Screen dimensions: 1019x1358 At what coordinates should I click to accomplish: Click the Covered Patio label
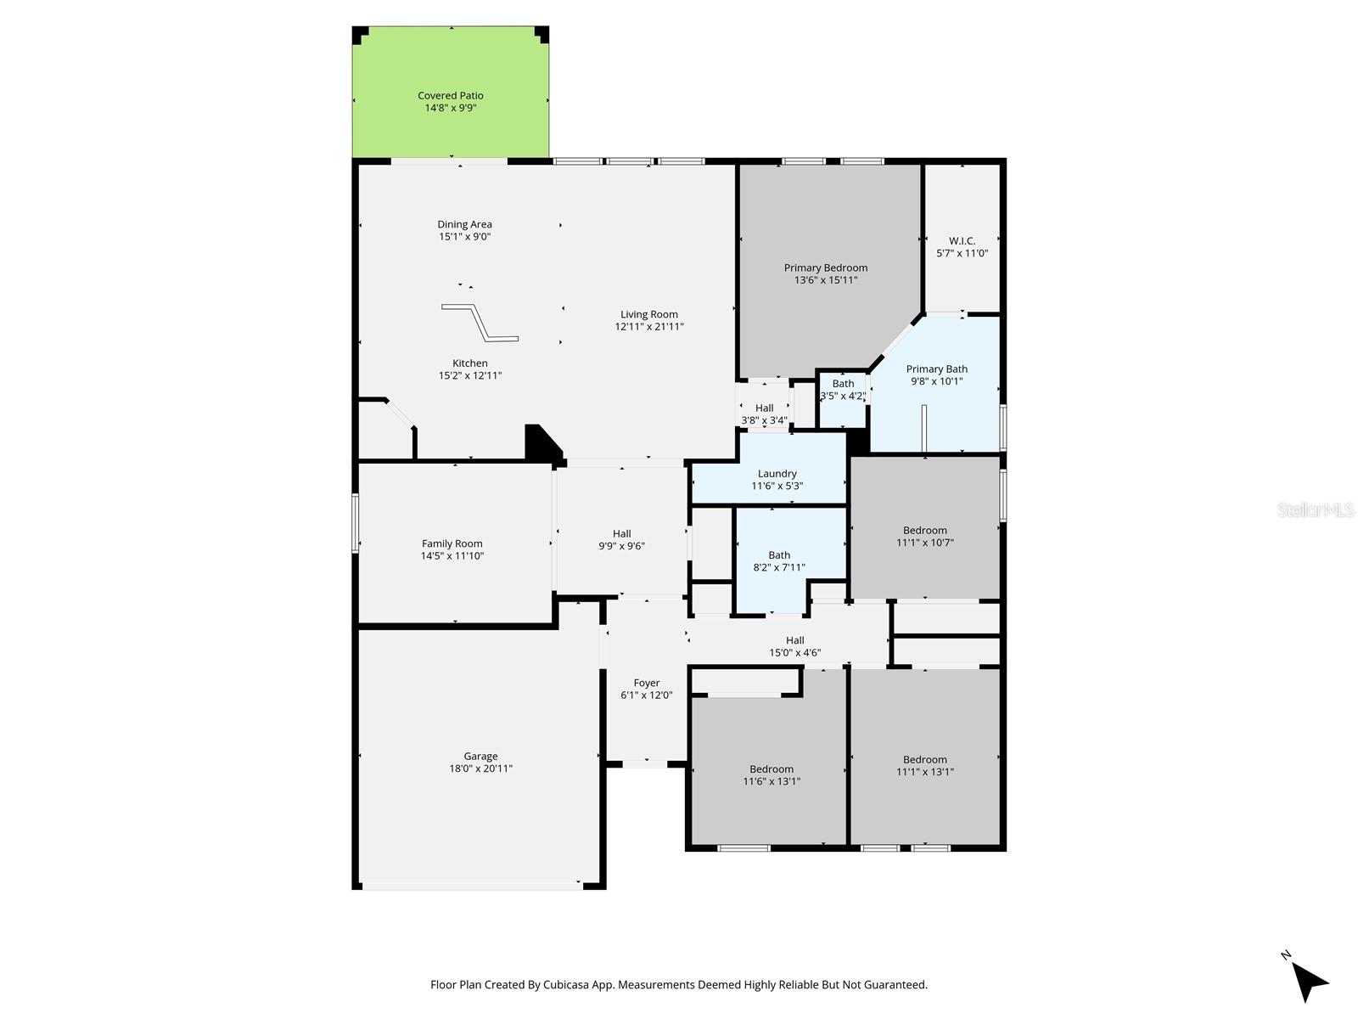pyautogui.click(x=450, y=96)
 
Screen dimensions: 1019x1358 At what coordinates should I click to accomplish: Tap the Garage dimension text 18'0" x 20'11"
pyautogui.click(x=480, y=768)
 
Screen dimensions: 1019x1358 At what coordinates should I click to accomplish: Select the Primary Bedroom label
pyautogui.click(x=825, y=267)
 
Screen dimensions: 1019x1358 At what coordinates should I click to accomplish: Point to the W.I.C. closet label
pyautogui.click(x=962, y=241)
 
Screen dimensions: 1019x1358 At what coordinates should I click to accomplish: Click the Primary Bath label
pyautogui.click(x=936, y=369)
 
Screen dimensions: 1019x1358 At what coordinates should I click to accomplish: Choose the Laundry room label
pyautogui.click(x=777, y=474)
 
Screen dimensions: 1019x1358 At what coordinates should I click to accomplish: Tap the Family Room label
pyautogui.click(x=452, y=543)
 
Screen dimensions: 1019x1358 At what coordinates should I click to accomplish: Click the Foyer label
pyautogui.click(x=646, y=683)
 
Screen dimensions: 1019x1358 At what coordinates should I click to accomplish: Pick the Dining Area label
pyautogui.click(x=464, y=225)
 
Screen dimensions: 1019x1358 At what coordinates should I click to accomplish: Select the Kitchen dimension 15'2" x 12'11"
pyautogui.click(x=470, y=375)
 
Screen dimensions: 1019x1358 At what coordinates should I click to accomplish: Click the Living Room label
pyautogui.click(x=648, y=315)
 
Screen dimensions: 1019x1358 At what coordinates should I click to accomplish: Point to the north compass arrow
pyautogui.click(x=1309, y=982)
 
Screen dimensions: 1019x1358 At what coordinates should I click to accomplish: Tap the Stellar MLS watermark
pyautogui.click(x=1316, y=509)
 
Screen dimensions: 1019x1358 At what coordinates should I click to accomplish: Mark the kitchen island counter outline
pyautogui.click(x=480, y=323)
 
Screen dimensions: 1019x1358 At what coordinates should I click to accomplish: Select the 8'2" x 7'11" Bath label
pyautogui.click(x=779, y=555)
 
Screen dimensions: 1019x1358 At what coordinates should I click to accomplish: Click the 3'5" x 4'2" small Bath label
pyautogui.click(x=843, y=384)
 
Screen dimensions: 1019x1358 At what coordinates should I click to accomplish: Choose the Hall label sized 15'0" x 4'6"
pyautogui.click(x=794, y=640)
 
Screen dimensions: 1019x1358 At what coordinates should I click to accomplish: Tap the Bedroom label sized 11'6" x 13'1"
pyautogui.click(x=771, y=769)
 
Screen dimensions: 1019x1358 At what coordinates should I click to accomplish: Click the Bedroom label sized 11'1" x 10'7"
pyautogui.click(x=924, y=531)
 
